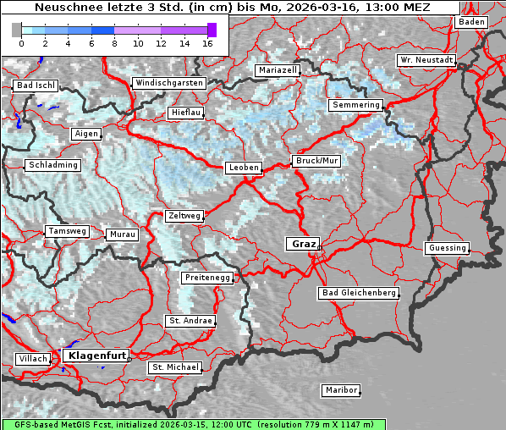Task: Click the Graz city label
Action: pyautogui.click(x=302, y=244)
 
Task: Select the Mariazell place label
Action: pyautogui.click(x=278, y=70)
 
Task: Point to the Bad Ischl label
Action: pyautogui.click(x=36, y=85)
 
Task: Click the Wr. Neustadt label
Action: pyautogui.click(x=426, y=61)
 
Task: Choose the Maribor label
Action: pyautogui.click(x=340, y=390)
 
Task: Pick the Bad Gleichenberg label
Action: pyautogui.click(x=358, y=293)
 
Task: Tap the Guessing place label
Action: pyautogui.click(x=446, y=248)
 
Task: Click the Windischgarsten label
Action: pyautogui.click(x=168, y=83)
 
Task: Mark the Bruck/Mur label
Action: pyautogui.click(x=316, y=160)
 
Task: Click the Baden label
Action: pyautogui.click(x=471, y=22)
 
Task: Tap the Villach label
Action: pyautogui.click(x=32, y=359)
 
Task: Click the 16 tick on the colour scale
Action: pyautogui.click(x=207, y=42)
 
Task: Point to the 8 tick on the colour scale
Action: pyautogui.click(x=114, y=42)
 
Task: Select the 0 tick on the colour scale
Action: pyautogui.click(x=21, y=42)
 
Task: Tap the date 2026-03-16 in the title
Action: pyautogui.click(x=305, y=7)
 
